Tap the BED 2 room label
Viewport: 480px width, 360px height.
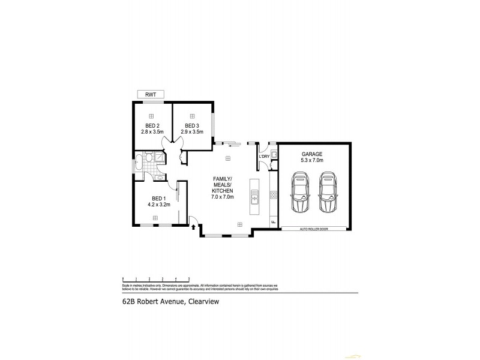tap(151, 125)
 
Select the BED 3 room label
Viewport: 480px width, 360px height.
tap(193, 125)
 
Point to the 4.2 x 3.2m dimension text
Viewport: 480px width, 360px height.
tap(158, 205)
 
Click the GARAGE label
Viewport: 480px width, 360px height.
tap(312, 154)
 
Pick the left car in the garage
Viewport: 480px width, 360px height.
tap(299, 193)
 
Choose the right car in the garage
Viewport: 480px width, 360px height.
tap(327, 193)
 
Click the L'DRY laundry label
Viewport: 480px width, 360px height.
tap(264, 157)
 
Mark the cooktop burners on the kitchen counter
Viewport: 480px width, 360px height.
tap(274, 195)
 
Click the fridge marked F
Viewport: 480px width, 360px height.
tap(274, 223)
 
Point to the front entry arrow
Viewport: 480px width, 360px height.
tap(193, 227)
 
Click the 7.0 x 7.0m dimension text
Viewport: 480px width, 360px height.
tap(222, 197)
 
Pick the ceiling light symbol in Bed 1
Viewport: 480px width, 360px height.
tap(155, 218)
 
